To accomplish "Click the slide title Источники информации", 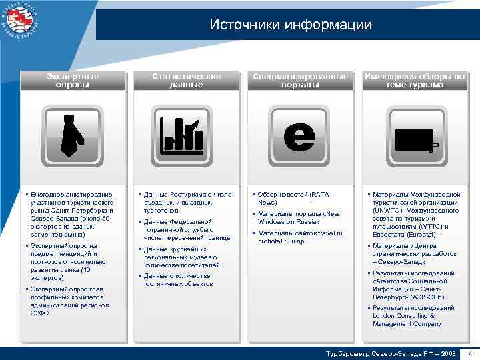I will point(290,25).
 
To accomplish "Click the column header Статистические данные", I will point(186,81).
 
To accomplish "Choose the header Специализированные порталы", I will point(299,81).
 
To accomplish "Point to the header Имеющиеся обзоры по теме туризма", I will point(414,81).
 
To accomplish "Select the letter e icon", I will point(299,136).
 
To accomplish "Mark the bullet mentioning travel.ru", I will point(300,237).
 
